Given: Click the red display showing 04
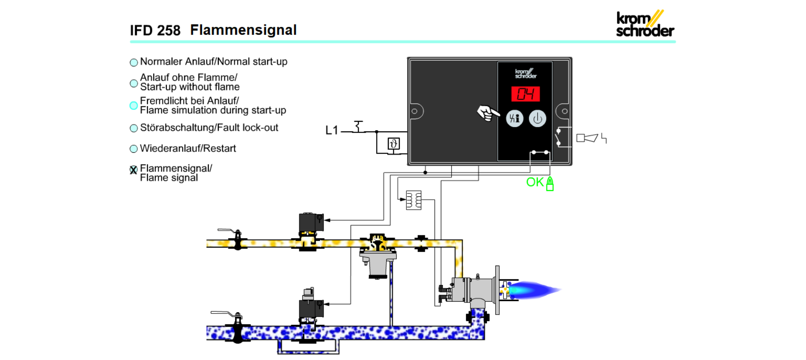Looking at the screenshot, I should coord(525,94).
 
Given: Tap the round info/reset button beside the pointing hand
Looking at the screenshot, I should coord(514,118).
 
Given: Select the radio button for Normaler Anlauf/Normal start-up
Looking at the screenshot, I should coord(134,63).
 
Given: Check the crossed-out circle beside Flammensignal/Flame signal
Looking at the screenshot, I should coord(133,170).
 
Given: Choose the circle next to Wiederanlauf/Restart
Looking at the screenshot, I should coord(134,149).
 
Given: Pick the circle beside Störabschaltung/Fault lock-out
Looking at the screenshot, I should coord(134,128).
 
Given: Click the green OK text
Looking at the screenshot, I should coord(535,182).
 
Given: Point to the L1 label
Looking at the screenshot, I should coord(332,130).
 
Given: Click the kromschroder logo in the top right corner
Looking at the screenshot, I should coord(645,24).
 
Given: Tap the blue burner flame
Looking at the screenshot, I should coord(535,290).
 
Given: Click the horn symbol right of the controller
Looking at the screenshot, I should coord(587,138).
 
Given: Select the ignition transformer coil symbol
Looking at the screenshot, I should coord(413,200).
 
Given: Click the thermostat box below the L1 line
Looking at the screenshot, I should coord(393,144).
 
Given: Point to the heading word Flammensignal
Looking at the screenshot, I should coord(243,30).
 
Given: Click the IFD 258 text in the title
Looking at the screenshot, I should coord(155,31).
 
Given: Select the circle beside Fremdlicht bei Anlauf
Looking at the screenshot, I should coord(134,106).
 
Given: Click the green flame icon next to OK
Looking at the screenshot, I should coord(550,184).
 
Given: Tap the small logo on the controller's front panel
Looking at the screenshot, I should coord(526,74).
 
